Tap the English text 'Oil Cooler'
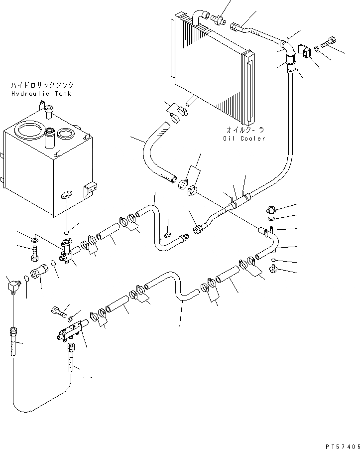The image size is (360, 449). tap(244, 138)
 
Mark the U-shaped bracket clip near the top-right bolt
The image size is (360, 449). tap(303, 51)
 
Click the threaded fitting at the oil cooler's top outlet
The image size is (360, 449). tap(217, 20)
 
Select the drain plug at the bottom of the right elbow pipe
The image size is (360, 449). tap(273, 270)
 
